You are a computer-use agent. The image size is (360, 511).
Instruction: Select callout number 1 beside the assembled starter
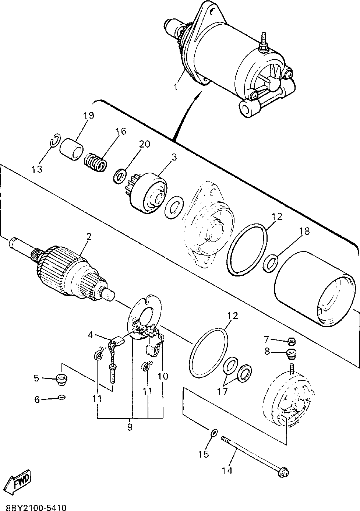pyautogui.click(x=175, y=87)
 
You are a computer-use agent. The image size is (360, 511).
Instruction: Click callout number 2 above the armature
pyautogui.click(x=88, y=237)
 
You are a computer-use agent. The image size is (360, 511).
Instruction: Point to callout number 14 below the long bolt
pyautogui.click(x=227, y=471)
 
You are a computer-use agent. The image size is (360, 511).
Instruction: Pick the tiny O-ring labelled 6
pyautogui.click(x=61, y=397)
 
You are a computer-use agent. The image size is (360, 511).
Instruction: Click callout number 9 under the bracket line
pyautogui.click(x=130, y=427)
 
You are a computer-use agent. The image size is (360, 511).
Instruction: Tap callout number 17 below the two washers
pyautogui.click(x=222, y=391)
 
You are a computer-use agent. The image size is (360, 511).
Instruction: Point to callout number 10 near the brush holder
pyautogui.click(x=163, y=376)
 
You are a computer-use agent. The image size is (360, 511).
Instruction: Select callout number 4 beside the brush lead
pyautogui.click(x=90, y=335)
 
